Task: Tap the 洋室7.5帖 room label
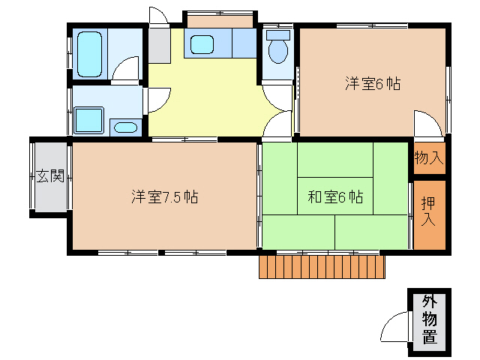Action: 165,197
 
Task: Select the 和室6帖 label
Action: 335,197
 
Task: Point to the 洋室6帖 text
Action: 373,84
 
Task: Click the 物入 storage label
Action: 429,158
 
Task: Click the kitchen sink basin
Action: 202,44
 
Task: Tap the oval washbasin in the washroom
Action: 124,127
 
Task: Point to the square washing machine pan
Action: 89,120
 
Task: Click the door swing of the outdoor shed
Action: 394,328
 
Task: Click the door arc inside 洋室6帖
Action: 424,124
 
